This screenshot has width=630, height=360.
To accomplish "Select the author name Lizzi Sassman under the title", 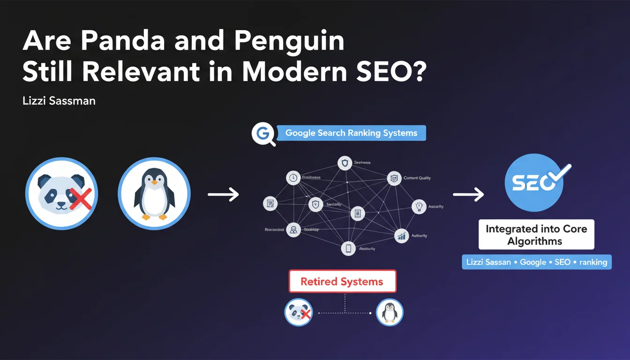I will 59,101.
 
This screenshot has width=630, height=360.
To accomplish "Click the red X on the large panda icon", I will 81,198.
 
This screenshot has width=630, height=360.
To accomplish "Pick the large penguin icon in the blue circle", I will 154,193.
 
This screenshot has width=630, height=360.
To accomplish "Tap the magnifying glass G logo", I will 262,134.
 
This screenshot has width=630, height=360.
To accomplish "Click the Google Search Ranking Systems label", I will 351,133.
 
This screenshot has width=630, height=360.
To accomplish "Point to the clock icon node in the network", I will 293,178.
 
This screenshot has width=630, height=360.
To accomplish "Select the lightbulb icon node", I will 419,206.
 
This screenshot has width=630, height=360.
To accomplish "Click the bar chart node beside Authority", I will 402,236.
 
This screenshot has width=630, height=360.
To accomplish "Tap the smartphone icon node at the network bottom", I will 348,248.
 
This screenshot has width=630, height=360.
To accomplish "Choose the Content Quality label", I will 417,178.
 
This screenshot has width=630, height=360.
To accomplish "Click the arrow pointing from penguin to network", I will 223,194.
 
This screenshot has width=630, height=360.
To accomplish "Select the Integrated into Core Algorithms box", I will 536,235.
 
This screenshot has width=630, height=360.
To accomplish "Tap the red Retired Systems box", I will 342,282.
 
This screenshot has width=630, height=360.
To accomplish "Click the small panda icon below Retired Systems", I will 299,312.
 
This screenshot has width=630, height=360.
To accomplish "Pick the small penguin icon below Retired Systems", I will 390,312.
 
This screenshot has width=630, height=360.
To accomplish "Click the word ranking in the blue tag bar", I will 593,262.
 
